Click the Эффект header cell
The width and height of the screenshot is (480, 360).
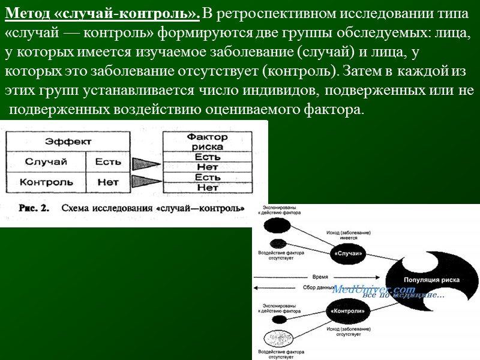point(68,142)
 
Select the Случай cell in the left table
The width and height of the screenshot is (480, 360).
point(46,161)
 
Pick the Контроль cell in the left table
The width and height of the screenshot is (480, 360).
point(46,181)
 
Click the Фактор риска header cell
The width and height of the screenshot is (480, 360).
point(208,142)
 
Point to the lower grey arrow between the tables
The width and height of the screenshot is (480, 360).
point(146,182)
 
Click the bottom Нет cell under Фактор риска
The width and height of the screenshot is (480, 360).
point(208,188)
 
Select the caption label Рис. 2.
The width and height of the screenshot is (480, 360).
point(36,209)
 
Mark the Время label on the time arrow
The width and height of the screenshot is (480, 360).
point(320,277)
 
